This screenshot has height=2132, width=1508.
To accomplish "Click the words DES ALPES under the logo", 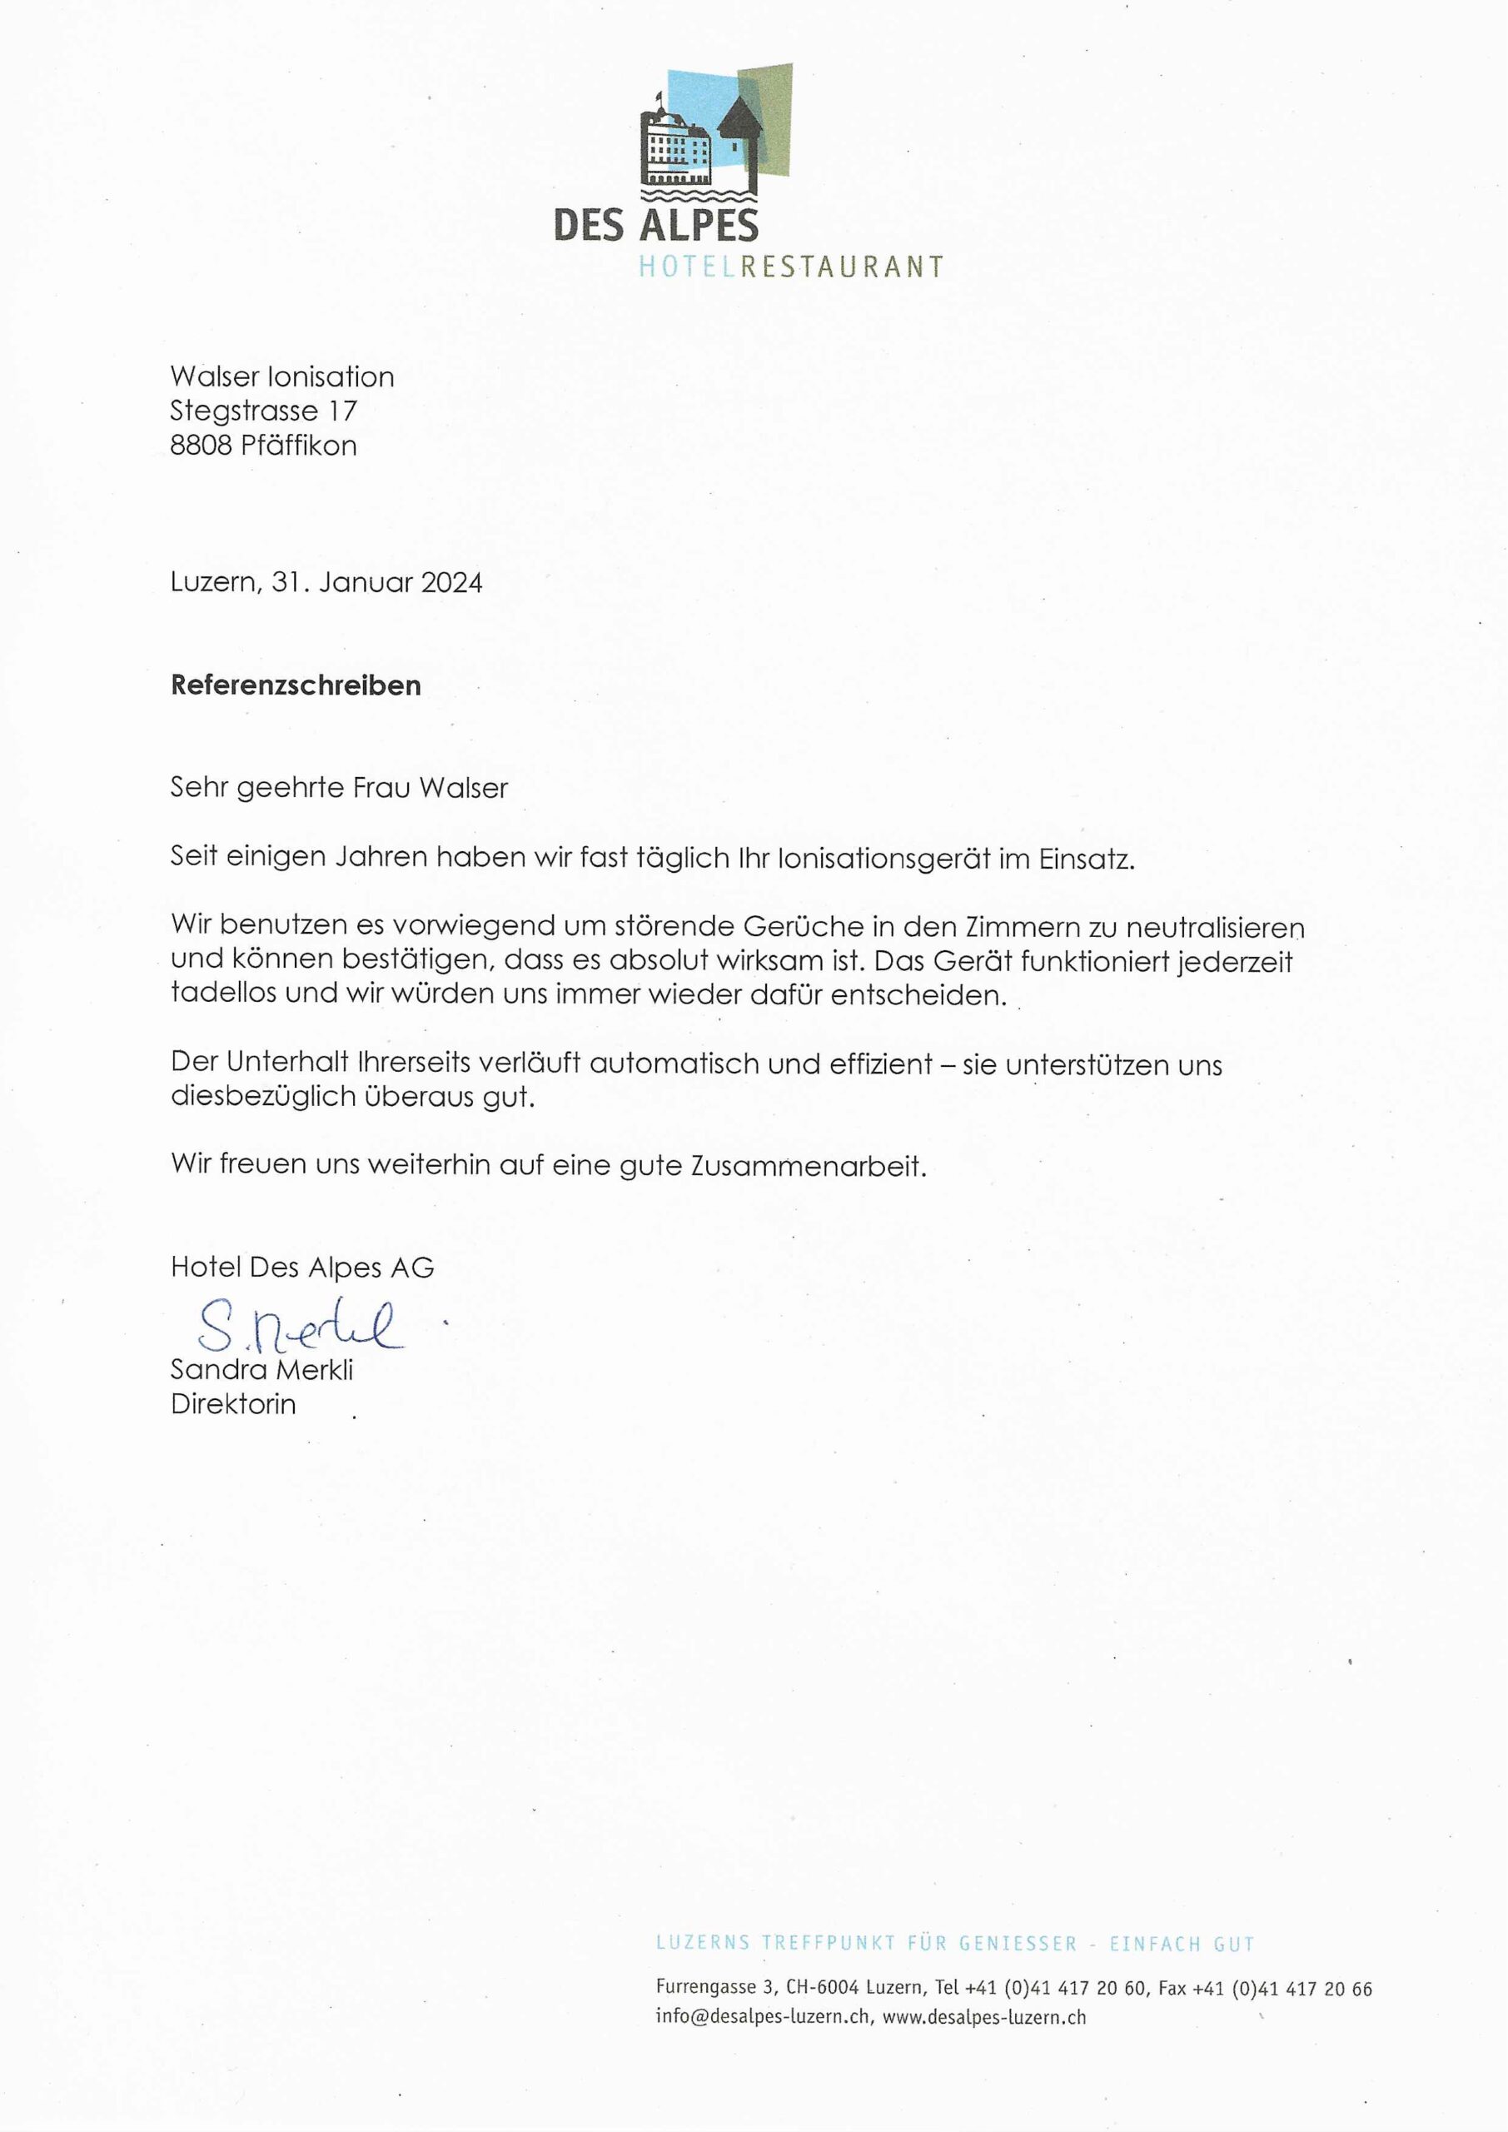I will coord(655,226).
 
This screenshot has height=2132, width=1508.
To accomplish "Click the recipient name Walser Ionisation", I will coord(282,377).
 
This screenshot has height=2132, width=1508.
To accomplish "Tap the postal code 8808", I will coord(201,446).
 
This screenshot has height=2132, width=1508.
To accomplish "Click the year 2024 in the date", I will coord(451,582).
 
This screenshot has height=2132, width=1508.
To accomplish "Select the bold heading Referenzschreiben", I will coord(296,685).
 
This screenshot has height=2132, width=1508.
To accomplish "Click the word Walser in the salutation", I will coord(463,789).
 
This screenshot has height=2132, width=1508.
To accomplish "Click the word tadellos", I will coord(224,993).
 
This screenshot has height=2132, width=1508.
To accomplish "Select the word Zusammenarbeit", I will coord(809,1165).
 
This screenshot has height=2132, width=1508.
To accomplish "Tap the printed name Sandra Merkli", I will coord(261,1370).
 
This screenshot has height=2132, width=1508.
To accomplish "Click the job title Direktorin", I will coord(233,1404).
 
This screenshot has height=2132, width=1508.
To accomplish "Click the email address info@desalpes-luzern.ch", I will coord(764,2017).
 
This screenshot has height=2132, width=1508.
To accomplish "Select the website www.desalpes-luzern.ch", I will coord(983,2017).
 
